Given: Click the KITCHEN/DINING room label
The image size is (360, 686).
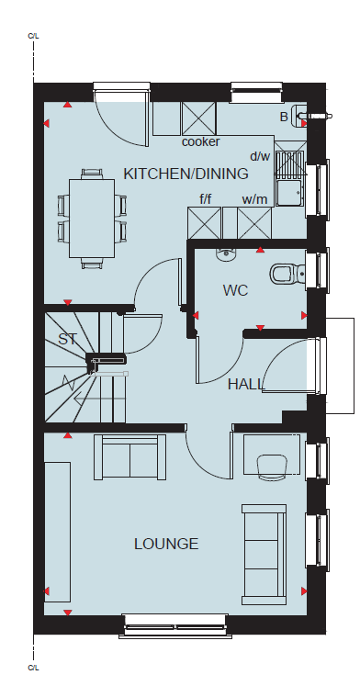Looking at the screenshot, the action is coord(186,174).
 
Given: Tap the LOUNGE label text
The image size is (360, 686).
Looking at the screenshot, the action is coord(166,544).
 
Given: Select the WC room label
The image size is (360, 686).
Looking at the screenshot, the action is coord(235,290).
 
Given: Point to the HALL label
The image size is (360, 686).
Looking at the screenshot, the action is coord(246,384).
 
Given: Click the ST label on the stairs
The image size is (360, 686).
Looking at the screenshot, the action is coord(67,339).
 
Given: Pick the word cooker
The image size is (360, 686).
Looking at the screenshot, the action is coord(201,141).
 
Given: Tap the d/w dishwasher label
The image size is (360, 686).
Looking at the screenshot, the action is coord(260,156).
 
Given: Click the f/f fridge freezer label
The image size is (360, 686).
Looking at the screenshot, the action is coord(206,200).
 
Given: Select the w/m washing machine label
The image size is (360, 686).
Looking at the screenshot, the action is coord(254,200).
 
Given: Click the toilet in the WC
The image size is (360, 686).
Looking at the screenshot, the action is coord(287,275).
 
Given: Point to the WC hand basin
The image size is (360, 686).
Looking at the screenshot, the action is coord(226,254).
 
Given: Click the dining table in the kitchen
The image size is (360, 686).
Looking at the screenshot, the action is coord(93,219).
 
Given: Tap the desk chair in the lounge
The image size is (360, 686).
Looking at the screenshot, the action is coord(271,467).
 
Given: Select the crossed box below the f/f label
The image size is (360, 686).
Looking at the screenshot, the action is coord(204,223).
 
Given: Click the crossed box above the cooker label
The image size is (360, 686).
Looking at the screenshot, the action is coord(198,118).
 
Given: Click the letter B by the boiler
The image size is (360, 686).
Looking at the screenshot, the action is coord(284,117).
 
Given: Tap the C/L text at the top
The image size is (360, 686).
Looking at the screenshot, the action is coord(33,36).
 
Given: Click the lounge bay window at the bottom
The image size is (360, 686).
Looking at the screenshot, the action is coord(175,626).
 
